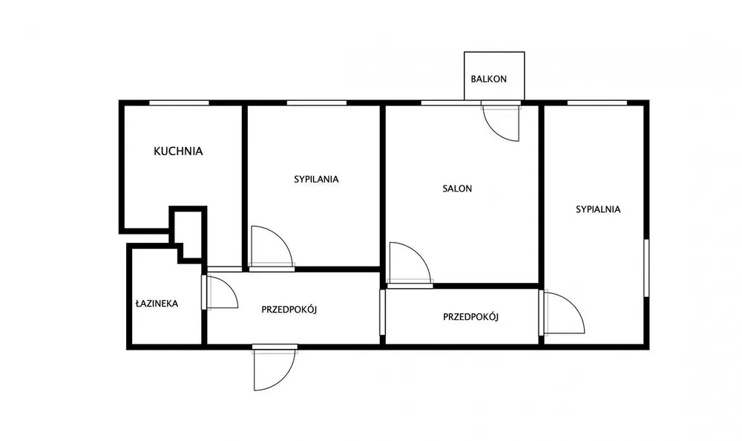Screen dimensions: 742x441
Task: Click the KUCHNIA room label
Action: pyautogui.click(x=178, y=151)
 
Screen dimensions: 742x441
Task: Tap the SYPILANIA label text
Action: pyautogui.click(x=316, y=179)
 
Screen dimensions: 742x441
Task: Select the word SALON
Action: pyautogui.click(x=457, y=189)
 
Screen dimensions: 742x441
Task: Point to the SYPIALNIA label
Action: pyautogui.click(x=598, y=209)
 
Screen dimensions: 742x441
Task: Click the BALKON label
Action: pyautogui.click(x=489, y=79)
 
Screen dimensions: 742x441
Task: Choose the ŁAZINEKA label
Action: pyautogui.click(x=157, y=303)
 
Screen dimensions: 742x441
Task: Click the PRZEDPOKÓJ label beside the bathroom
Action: pyautogui.click(x=289, y=310)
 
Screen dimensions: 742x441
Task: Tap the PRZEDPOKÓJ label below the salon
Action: pyautogui.click(x=471, y=317)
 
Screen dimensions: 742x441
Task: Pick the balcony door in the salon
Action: pyautogui.click(x=501, y=121)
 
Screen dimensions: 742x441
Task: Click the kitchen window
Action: pyautogui.click(x=179, y=102)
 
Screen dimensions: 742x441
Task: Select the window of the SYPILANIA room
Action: pyautogui.click(x=317, y=102)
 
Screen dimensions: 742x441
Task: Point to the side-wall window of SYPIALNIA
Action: pyautogui.click(x=646, y=268)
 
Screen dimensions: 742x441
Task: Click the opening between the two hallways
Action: pyautogui.click(x=383, y=312)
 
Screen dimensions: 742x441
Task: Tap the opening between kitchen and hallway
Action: pyautogui.click(x=225, y=269)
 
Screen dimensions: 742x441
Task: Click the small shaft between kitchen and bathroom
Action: pyautogui.click(x=188, y=233)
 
